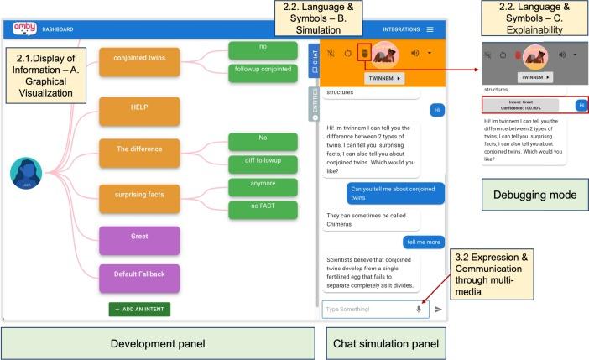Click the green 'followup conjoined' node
[263, 72]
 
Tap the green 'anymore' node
[263, 185]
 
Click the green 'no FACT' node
[263, 206]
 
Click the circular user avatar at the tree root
[26, 174]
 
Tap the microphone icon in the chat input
[418, 310]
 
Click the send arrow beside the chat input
[438, 310]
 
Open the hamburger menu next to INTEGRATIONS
[430, 30]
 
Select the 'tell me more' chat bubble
[424, 242]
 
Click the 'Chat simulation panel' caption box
[384, 342]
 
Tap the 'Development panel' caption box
[158, 342]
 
